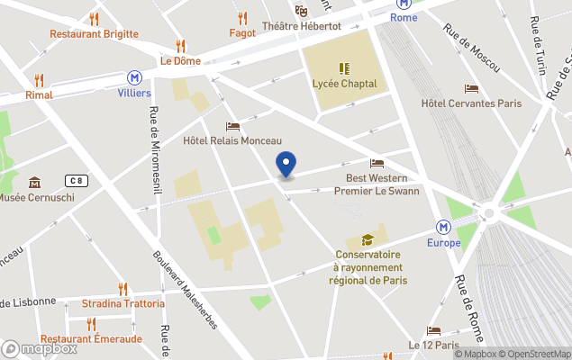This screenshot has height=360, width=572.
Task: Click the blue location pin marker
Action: point(286,165)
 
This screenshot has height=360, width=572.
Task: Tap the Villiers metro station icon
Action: point(134,77)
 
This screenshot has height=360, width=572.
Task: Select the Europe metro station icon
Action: point(444,227)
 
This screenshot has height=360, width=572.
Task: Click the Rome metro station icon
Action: point(404,4)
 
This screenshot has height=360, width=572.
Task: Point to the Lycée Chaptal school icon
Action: point(344,67)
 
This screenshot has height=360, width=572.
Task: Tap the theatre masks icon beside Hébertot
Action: point(302,10)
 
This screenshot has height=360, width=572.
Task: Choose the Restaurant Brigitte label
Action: point(94,34)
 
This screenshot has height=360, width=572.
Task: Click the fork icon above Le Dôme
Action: point(180,45)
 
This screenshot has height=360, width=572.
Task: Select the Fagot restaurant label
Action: point(242,33)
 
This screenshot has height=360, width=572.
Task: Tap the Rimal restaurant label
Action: point(39,94)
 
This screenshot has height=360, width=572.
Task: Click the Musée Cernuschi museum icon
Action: point(34,183)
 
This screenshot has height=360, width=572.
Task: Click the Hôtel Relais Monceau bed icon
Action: point(232,126)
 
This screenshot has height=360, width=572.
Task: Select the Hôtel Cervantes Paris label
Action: point(471,103)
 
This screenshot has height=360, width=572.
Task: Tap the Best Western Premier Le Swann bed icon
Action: point(377,164)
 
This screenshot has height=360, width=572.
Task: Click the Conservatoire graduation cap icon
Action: point(368,239)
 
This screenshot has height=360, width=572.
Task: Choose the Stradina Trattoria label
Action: point(117,303)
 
